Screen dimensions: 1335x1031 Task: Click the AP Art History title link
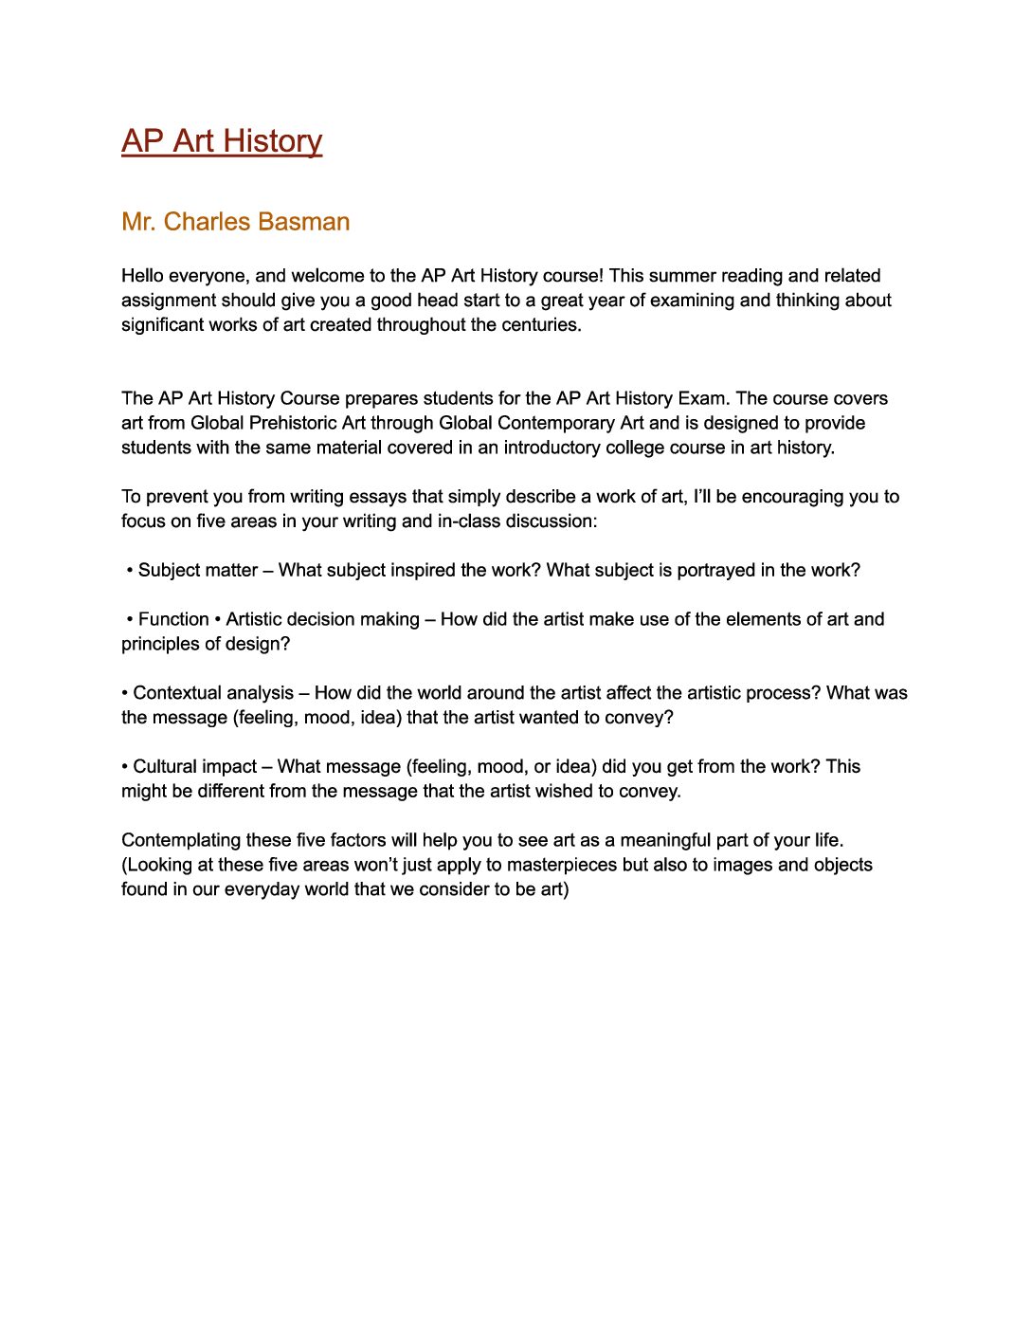[x=222, y=140]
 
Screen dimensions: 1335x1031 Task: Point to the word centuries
[x=540, y=325]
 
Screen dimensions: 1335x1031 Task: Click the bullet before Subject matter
[x=130, y=571]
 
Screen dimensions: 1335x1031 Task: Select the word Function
[x=173, y=619]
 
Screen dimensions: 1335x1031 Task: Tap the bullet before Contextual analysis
[x=124, y=693]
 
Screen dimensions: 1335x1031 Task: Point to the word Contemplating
[x=181, y=840]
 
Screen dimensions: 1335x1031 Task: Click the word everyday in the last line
[x=261, y=889]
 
